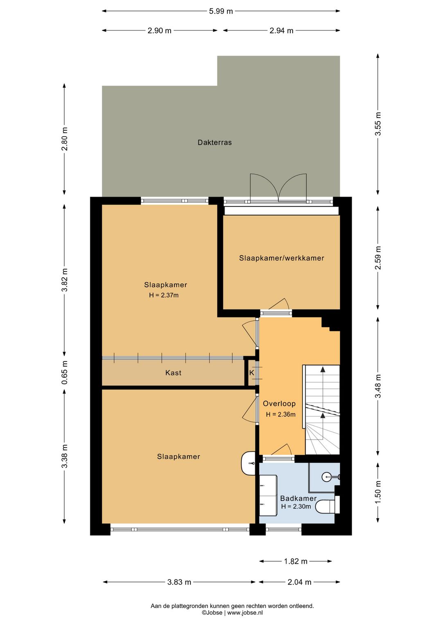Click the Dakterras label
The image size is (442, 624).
[x=214, y=142]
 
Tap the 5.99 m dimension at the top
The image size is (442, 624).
[x=221, y=11]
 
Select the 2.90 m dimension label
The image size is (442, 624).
[x=159, y=31]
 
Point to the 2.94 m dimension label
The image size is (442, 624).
[x=282, y=31]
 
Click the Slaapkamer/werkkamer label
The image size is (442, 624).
[x=282, y=258]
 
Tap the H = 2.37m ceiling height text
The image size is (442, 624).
[x=164, y=295]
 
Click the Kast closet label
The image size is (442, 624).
[x=173, y=373]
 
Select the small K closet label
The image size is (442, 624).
[x=252, y=373]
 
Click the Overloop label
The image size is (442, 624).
[x=279, y=403]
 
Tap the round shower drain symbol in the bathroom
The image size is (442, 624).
[x=326, y=477]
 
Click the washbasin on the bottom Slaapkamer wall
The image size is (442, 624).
[x=248, y=463]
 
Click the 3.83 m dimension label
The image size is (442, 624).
[x=179, y=582]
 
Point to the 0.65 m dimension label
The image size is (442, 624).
[x=64, y=373]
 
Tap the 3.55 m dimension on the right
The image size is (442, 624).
[x=378, y=123]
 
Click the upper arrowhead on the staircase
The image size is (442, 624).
[x=323, y=370]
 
